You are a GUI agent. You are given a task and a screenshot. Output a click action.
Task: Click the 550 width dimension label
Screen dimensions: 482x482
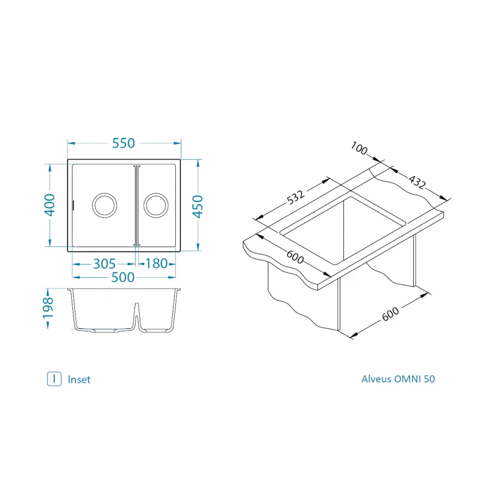[124, 143]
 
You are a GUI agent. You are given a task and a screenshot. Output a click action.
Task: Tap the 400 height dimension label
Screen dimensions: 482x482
[50, 205]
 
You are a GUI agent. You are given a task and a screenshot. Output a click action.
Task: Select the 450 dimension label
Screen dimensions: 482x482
[198, 206]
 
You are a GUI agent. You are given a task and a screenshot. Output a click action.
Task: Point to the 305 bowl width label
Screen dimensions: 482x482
[104, 264]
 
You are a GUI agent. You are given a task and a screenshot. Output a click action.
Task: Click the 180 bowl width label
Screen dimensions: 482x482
[156, 263]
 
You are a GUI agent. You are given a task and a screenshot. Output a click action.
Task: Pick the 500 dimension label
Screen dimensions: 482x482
[123, 277]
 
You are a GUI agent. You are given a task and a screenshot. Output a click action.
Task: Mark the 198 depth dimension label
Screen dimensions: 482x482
[48, 308]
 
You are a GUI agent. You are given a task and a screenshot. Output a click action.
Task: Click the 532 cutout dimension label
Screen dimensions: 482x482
[295, 197]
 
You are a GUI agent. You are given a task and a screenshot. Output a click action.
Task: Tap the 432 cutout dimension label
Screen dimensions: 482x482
[417, 182]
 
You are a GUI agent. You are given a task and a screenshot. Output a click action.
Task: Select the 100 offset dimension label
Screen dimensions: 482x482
[359, 148]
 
